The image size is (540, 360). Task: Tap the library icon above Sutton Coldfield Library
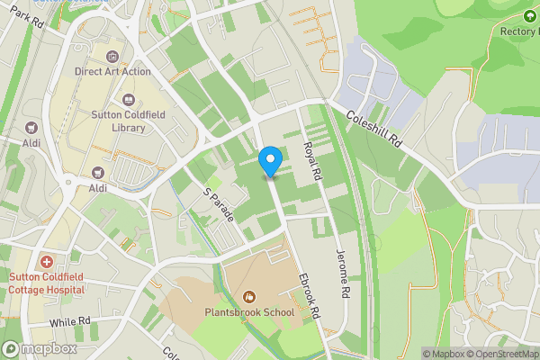point(127,101)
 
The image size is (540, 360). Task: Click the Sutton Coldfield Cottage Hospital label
point(47,283)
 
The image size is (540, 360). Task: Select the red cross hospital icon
point(46,262)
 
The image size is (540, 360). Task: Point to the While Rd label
point(71,321)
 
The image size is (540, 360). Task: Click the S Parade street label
point(217,204)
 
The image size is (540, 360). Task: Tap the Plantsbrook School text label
point(249,312)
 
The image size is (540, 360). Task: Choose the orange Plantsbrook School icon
point(249,296)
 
